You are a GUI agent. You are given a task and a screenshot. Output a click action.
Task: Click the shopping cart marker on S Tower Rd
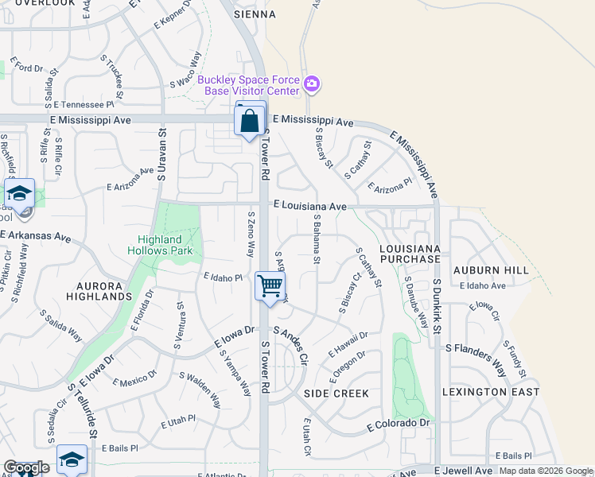point(270,285)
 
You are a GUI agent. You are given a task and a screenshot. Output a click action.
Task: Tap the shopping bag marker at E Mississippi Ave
point(250,122)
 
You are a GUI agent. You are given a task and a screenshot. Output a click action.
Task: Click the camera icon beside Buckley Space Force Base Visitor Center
point(312,84)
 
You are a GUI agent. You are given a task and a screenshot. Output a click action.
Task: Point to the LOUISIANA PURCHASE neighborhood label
point(410,254)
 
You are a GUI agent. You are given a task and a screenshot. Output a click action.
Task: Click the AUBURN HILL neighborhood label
point(491,270)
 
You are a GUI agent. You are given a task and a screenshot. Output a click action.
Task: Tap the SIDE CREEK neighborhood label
point(336,394)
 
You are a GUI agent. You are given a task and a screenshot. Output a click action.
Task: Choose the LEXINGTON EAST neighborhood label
point(491,392)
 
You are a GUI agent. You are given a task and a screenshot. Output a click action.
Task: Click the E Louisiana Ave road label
point(309,206)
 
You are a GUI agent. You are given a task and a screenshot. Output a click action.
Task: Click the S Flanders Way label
point(475,349)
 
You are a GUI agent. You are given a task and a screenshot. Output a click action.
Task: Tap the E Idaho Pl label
point(222,277)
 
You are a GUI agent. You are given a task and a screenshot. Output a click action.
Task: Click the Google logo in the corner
point(26,467)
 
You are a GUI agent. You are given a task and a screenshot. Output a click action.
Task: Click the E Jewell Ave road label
point(463,471)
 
